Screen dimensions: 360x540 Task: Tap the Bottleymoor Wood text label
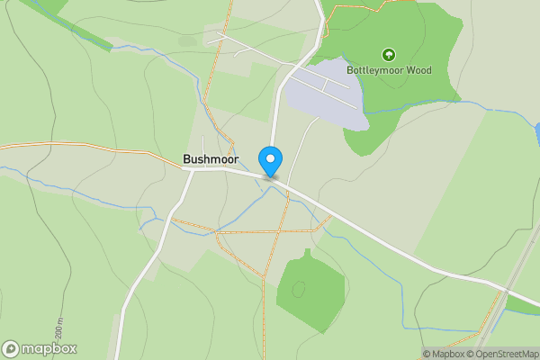point(389,70)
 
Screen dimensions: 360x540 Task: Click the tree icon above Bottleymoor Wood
point(389,55)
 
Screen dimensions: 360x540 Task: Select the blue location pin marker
point(270,160)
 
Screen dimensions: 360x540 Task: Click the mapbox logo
point(40,349)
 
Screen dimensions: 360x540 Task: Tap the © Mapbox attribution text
point(442,354)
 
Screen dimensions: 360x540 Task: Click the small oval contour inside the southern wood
point(299,289)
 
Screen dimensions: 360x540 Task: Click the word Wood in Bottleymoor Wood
point(417,70)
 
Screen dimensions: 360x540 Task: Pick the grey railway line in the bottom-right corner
point(508,297)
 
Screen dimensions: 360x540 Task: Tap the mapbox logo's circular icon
point(11,349)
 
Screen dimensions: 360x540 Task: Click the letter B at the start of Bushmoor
point(187,159)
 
